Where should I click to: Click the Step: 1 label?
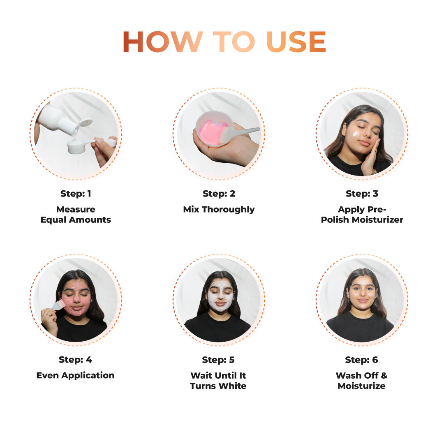pyautogui.click(x=76, y=194)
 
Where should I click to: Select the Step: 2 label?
pyautogui.click(x=219, y=194)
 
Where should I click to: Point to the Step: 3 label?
pyautogui.click(x=362, y=194)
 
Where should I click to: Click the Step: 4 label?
pyautogui.click(x=76, y=360)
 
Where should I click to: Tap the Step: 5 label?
pyautogui.click(x=219, y=360)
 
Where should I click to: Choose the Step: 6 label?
pyautogui.click(x=362, y=360)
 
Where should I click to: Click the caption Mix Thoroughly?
pyautogui.click(x=219, y=209)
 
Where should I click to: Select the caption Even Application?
pyautogui.click(x=76, y=375)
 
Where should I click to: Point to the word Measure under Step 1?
pyautogui.click(x=76, y=209)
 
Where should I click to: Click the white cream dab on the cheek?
pyautogui.click(x=356, y=134)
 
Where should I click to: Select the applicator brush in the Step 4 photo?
pyautogui.click(x=58, y=305)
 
